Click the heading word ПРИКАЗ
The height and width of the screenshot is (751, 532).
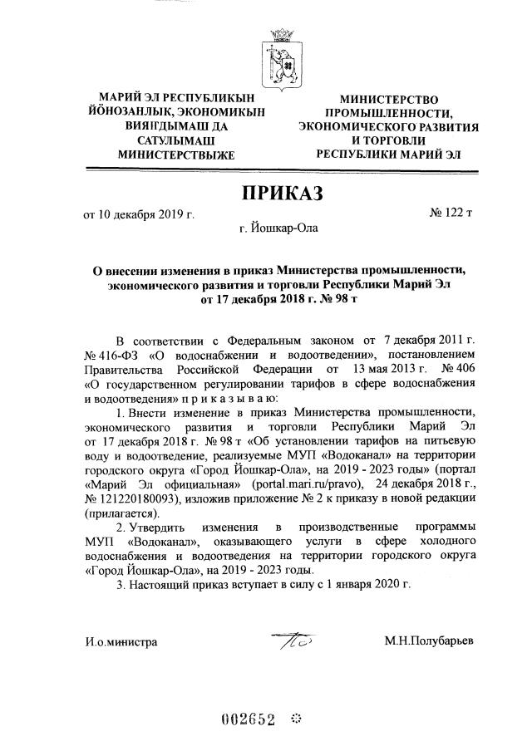(x=281, y=194)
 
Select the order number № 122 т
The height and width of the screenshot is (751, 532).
(x=451, y=214)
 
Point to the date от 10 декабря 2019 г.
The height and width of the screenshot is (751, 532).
(x=139, y=214)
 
